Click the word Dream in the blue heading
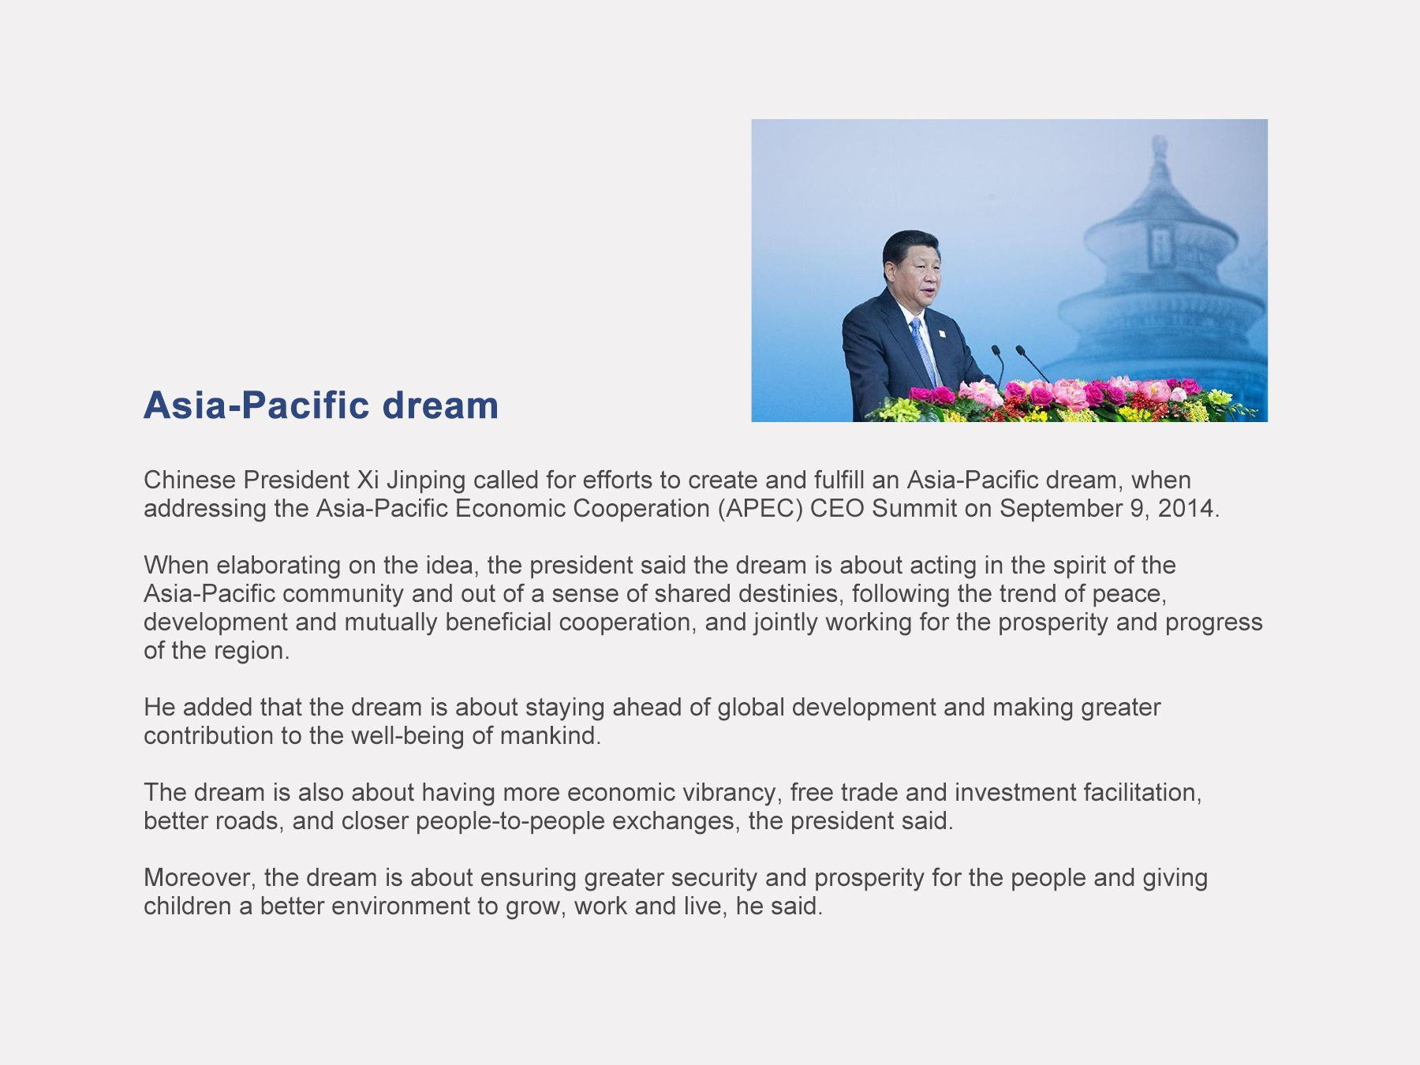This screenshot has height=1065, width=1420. coord(440,405)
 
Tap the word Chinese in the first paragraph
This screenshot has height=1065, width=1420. coord(189,480)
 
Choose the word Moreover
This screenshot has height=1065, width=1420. coord(200,878)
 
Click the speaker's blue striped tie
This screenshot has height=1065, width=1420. coord(922,351)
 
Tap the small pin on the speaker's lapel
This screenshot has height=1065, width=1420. coord(941,334)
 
